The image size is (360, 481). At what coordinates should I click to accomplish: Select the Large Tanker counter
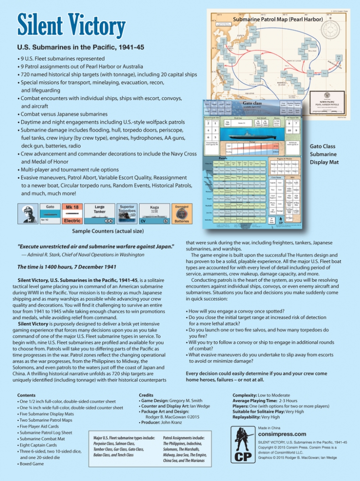(x=100, y=214)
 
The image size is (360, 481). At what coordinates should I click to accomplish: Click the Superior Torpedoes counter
(x=127, y=214)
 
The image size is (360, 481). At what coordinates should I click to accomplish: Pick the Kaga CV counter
(x=154, y=214)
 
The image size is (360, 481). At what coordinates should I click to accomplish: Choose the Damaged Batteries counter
(x=181, y=214)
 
